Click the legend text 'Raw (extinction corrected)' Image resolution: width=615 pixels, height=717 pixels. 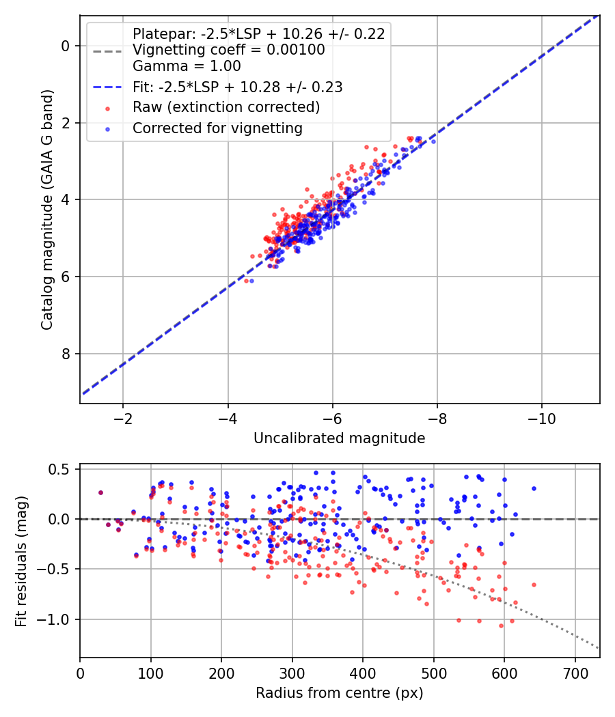226,107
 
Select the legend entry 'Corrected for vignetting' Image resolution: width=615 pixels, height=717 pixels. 217,128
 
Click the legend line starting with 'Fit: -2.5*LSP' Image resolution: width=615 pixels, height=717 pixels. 238,87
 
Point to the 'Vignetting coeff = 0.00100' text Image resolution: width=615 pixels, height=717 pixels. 228,50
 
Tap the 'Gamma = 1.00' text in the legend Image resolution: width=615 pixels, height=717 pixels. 187,66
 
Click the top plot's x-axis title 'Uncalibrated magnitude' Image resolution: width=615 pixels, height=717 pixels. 339,438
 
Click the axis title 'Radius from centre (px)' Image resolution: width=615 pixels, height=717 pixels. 339,693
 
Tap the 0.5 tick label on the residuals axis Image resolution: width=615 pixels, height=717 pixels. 61,469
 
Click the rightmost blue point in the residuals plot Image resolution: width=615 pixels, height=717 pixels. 534,488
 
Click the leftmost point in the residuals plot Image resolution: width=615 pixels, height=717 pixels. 100,492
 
